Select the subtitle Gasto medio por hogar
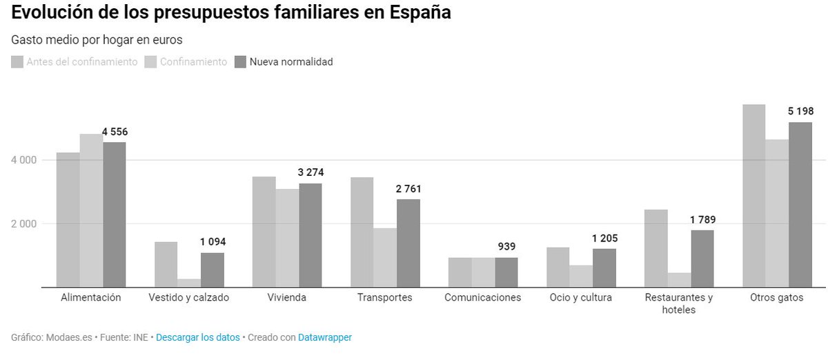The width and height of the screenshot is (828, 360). tap(97, 40)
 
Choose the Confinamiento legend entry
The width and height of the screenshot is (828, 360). tap(186, 62)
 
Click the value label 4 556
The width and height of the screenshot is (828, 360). tap(115, 132)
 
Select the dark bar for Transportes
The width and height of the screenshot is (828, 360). tap(408, 243)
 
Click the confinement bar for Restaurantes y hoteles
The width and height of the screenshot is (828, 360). tap(679, 279)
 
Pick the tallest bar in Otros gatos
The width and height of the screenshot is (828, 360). tap(754, 196)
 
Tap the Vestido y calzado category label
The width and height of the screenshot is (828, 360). tap(188, 298)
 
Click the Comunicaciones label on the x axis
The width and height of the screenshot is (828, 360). tap(482, 298)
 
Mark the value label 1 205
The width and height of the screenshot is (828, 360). tap(604, 239)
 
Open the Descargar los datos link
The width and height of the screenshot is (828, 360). tap(198, 337)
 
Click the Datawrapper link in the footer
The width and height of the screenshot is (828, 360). tap(324, 337)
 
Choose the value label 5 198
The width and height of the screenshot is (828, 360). tap(800, 112)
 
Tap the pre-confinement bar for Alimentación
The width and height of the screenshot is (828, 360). tap(68, 219)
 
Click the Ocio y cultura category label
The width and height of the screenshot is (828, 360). tap(580, 298)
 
